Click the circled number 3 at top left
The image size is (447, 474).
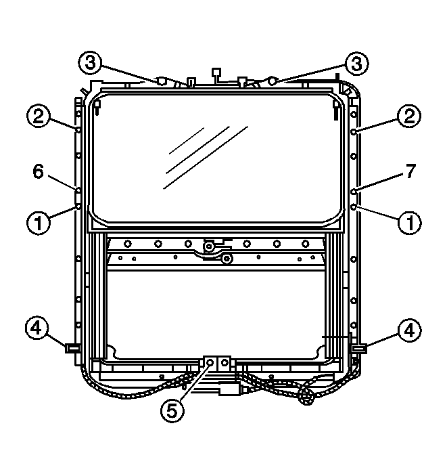90,64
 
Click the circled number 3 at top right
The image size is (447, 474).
357,64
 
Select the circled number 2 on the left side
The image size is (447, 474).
39,116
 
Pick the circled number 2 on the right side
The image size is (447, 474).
409,116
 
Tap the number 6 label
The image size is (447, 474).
39,171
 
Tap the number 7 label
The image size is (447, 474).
410,171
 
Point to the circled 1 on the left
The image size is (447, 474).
39,223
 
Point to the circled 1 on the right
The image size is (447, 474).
410,223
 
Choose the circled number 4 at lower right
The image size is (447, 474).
409,330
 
